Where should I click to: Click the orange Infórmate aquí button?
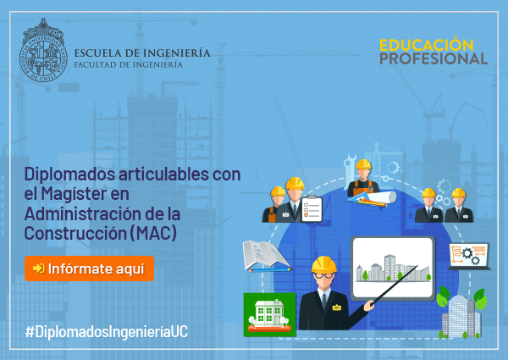[89, 269]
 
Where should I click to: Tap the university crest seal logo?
[43, 50]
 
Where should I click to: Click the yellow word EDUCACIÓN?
[427, 45]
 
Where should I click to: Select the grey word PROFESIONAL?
[433, 58]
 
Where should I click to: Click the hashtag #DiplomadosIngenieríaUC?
[107, 332]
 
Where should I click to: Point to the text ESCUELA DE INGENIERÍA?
[142, 53]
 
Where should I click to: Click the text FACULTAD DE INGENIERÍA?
[129, 64]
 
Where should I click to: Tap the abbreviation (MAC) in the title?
[153, 233]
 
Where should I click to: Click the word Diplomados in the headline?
[69, 174]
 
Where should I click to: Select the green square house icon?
[269, 314]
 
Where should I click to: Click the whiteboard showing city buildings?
[393, 269]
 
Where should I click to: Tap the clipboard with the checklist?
[312, 209]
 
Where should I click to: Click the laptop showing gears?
[469, 256]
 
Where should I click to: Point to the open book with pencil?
[267, 256]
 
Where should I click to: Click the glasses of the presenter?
[323, 276]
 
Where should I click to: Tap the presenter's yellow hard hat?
[323, 264]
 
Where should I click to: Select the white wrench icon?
[349, 171]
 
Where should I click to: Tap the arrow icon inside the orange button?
[39, 269]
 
